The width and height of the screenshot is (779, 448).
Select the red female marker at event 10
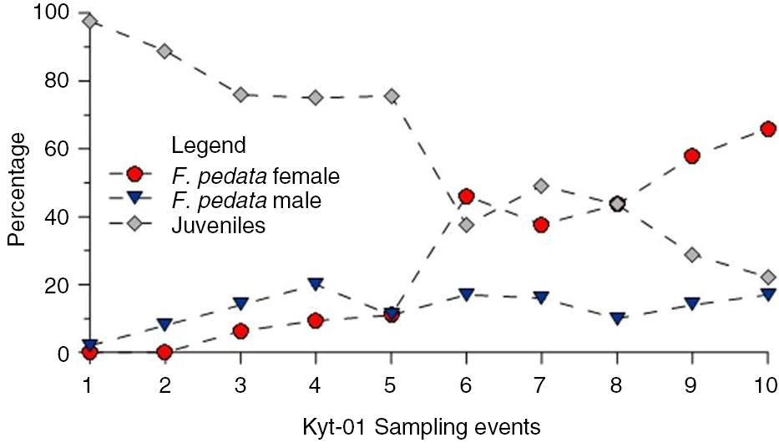coord(768,129)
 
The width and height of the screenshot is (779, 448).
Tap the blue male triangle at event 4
coord(316,284)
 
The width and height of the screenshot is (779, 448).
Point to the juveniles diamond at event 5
coord(391,96)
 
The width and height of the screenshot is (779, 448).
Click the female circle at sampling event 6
coord(467,196)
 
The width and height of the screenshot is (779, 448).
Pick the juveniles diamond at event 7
coord(541,186)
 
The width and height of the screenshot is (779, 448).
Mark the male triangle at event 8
coord(617,318)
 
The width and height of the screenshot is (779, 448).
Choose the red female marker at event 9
coord(692,156)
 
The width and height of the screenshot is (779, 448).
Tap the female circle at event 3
coord(240,331)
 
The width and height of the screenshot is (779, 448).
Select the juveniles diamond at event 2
coord(165,51)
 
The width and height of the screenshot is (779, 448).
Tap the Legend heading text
coord(209,146)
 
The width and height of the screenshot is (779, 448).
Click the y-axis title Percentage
coord(18,194)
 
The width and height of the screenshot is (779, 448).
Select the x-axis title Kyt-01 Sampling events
coord(422,428)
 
